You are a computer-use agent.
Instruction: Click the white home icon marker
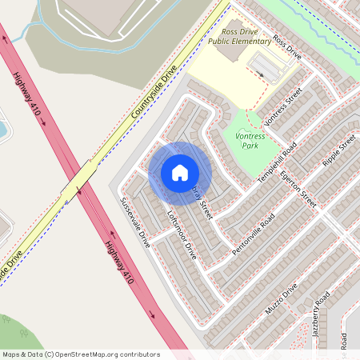(180, 173)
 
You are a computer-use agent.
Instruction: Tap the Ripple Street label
(337, 153)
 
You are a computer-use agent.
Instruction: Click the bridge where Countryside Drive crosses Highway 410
(80, 184)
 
